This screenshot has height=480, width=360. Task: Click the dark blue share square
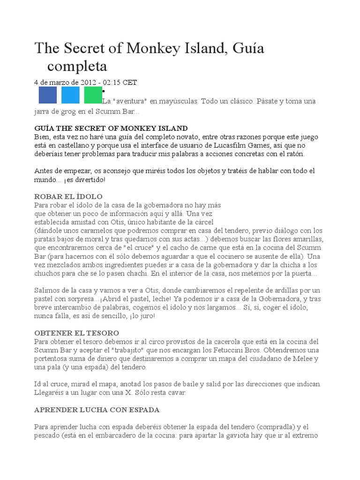[x=47, y=95]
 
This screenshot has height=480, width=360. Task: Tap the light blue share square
[x=70, y=95]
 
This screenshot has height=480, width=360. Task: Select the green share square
[x=93, y=95]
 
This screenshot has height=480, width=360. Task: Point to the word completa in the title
[x=77, y=65]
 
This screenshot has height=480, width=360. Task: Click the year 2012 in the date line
[x=88, y=82]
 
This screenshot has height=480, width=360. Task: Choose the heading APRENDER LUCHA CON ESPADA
[x=97, y=409]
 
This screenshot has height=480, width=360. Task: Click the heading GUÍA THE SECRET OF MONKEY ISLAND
[x=111, y=128]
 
